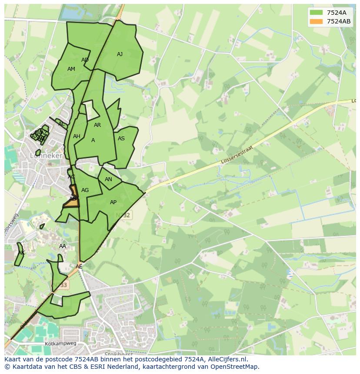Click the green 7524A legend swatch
pyautogui.click(x=317, y=12)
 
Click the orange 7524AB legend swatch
pyautogui.click(x=317, y=21)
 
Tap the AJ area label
pyautogui.click(x=120, y=54)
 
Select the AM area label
pyautogui.click(x=71, y=69)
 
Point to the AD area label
pyautogui.click(x=85, y=60)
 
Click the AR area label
pyautogui.click(x=97, y=125)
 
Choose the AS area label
pyautogui.click(x=121, y=139)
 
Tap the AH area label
pyautogui.click(x=77, y=136)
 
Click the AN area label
pyautogui.click(x=108, y=179)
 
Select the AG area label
pyautogui.click(x=85, y=190)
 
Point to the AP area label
pyautogui.click(x=113, y=202)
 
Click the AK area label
pyautogui.click(x=21, y=253)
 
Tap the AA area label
pyautogui.click(x=63, y=246)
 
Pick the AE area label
pyautogui.click(x=79, y=267)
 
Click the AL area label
pyautogui.click(x=61, y=124)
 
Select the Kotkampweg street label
pyautogui.click(x=60, y=344)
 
